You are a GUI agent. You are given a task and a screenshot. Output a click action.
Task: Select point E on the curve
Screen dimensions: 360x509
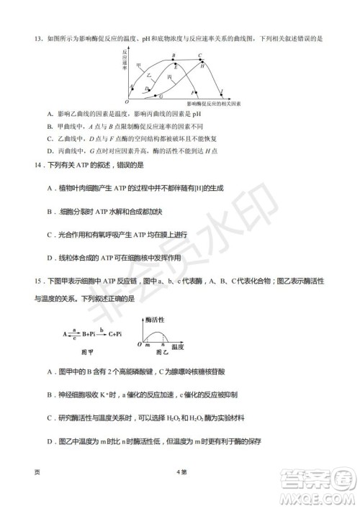point(176,66)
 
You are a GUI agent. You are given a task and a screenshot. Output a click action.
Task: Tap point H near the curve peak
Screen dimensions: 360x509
point(203,66)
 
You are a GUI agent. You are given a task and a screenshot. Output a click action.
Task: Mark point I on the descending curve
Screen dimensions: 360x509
point(221,91)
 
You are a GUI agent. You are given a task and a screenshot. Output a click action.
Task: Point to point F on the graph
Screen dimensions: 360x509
point(193,93)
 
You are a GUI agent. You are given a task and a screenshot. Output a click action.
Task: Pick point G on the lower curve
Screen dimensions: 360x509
point(160,96)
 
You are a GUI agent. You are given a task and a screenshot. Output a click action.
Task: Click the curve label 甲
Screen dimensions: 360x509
point(138,65)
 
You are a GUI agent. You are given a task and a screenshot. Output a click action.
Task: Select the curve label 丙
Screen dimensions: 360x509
point(170,76)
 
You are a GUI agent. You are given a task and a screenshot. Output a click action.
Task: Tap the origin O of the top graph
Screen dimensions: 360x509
point(127,102)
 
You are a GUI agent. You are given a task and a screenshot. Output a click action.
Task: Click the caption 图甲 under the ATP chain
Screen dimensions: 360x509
point(85,352)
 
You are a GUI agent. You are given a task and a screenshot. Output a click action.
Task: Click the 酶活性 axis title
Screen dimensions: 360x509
point(156,317)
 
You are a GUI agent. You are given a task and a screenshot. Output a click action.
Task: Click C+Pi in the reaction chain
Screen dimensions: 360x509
point(114,334)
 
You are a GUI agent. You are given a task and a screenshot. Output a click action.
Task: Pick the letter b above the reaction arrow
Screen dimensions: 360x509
point(102,329)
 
